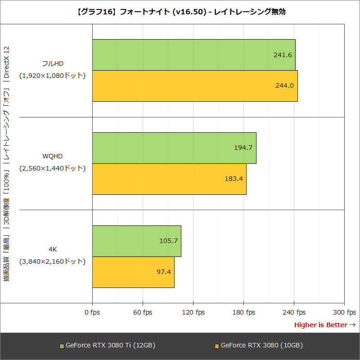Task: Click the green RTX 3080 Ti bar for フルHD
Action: tap(193, 55)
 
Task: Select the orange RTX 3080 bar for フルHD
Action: tap(195, 85)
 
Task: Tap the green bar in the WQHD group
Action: tap(174, 148)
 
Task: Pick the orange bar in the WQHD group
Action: tap(169, 179)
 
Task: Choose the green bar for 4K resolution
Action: tap(137, 241)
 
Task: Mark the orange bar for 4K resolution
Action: tap(133, 272)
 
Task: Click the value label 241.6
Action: tap(283, 55)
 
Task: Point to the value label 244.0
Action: tap(284, 85)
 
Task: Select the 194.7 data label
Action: tap(243, 148)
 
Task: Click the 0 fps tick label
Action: tap(92, 312)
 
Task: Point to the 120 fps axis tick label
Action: tap(193, 312)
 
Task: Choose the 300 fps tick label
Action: tap(344, 312)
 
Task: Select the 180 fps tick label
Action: tap(243, 312)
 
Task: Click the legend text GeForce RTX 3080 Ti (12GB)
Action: tap(110, 346)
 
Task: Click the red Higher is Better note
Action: tap(324, 324)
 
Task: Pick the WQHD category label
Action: tap(53, 156)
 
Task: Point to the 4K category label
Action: tap(53, 249)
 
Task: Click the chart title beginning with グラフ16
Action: tap(180, 12)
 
